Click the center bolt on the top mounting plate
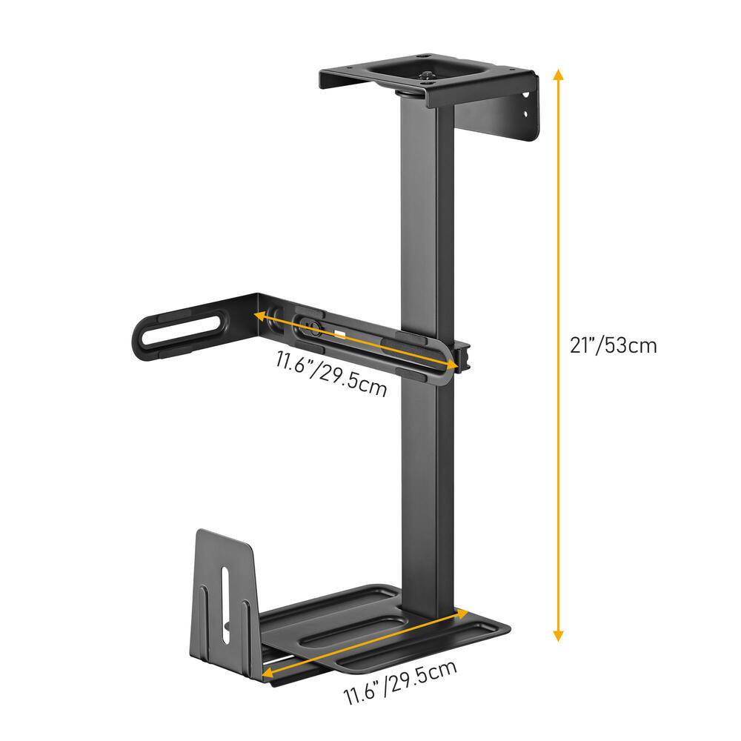(x=428, y=76)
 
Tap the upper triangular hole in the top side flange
(x=527, y=96)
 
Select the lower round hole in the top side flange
(x=528, y=114)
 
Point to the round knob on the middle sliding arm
(x=310, y=327)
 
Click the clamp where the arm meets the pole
(x=461, y=357)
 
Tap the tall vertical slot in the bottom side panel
(x=224, y=600)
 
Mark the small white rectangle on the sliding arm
(x=339, y=333)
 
